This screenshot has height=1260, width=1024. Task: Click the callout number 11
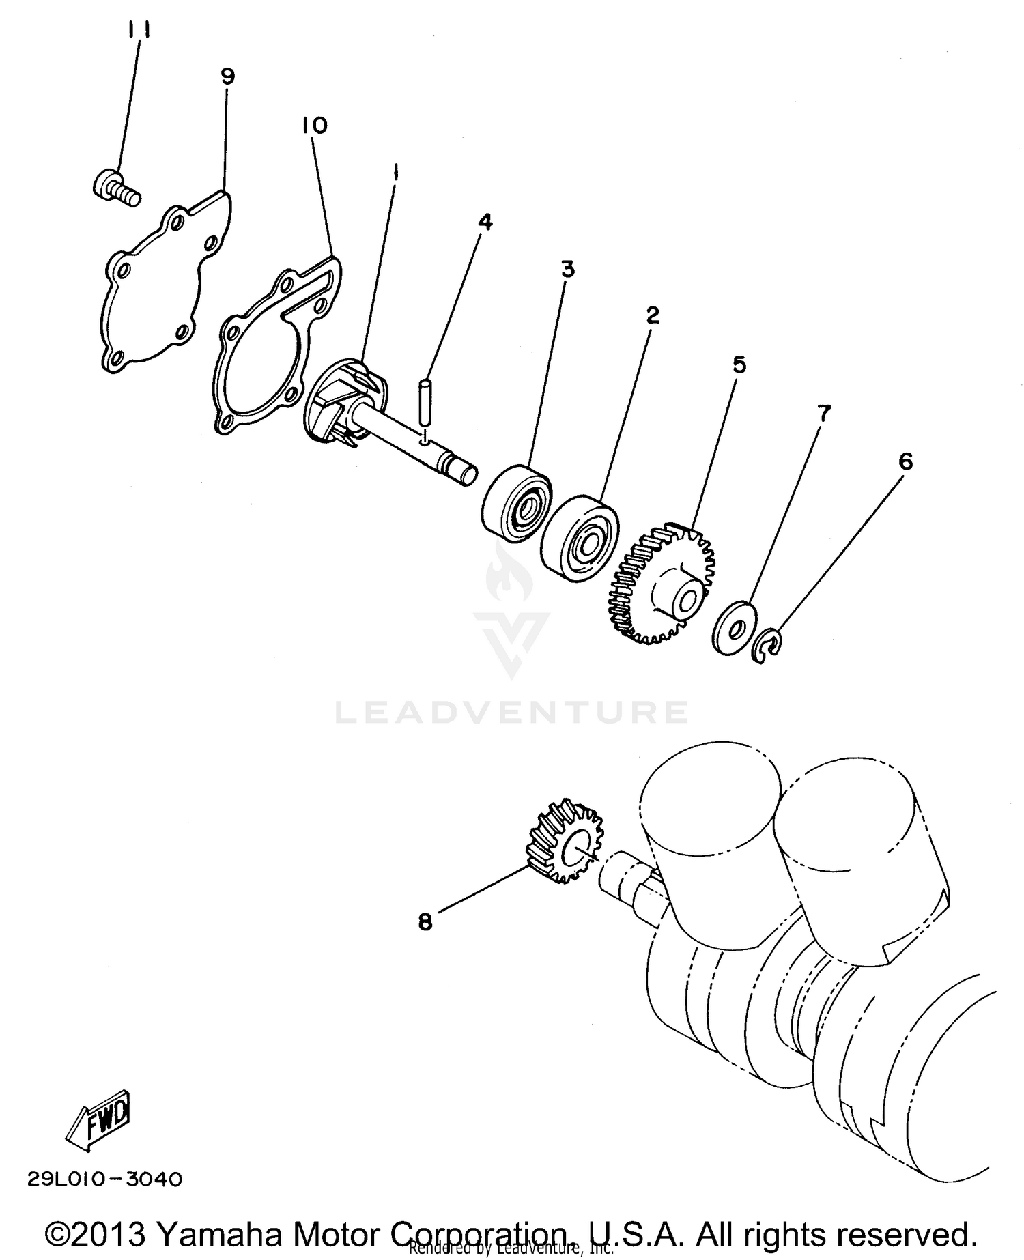pos(139,30)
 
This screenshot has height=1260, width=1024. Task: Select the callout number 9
pos(227,76)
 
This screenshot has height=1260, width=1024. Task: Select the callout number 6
pos(905,462)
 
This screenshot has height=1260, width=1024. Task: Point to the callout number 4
pos(485,222)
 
